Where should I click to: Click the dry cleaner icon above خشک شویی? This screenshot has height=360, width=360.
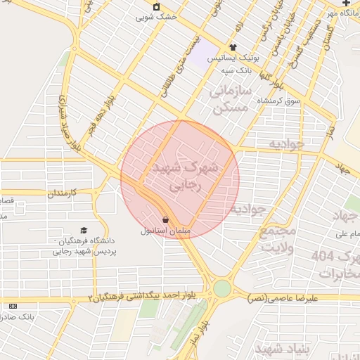pos(156,6)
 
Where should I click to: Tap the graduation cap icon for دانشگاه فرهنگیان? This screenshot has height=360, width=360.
pos(84,231)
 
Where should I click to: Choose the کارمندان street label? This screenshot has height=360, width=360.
pos(73,192)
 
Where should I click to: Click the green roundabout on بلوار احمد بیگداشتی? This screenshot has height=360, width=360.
pos(222,288)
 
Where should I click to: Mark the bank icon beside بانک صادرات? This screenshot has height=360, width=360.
pos(13,306)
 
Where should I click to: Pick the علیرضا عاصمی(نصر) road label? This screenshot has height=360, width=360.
pos(283,298)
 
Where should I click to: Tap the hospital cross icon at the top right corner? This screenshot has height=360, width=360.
pos(345,4)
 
